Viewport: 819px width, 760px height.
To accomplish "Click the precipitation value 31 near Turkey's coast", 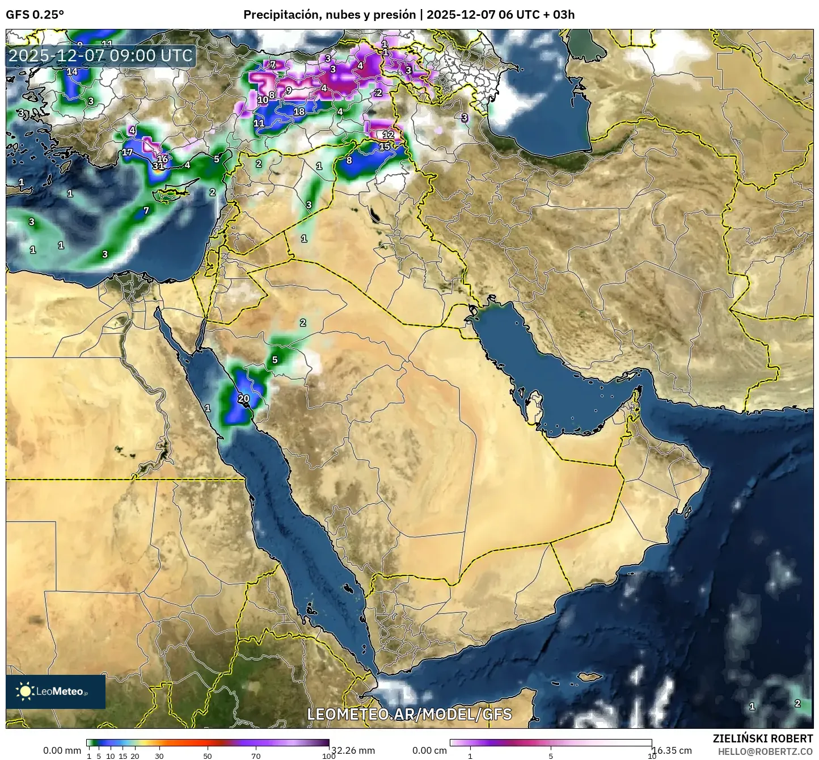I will pos(158,166).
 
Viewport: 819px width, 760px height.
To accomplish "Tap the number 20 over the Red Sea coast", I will pos(243,398).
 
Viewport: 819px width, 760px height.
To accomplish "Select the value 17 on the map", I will pos(128,152).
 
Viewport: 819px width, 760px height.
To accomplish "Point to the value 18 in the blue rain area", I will pos(299,111).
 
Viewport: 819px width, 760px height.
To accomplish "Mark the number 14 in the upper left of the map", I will pos(72,72).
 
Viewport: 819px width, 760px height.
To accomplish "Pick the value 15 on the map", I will pos(385,146).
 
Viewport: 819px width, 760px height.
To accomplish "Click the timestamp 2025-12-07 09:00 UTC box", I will pos(100,56).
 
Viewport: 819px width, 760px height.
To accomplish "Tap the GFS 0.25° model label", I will pos(35,15).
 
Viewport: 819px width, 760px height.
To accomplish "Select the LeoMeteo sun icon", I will pos(25,691).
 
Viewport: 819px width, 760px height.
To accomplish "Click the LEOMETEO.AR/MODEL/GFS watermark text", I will pos(409,714).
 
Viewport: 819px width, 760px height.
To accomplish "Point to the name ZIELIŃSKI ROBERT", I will pos(762,738).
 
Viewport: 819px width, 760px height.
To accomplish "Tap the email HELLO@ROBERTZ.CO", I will pos(765,751).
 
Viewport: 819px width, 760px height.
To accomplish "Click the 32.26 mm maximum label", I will pos(353,750).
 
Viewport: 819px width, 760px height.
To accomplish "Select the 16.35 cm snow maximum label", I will pos(672,750).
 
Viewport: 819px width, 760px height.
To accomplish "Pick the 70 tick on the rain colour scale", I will pos(256,755).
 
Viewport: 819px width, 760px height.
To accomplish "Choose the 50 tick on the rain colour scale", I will pos(208,755).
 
